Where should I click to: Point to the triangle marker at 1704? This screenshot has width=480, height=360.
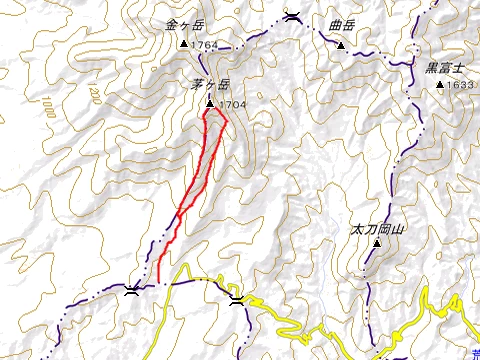[x=210, y=104]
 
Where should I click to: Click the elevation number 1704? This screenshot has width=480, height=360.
[x=232, y=104]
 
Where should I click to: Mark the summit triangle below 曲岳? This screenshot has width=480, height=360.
[x=341, y=45]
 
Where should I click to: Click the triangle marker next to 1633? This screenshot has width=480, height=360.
[x=440, y=85]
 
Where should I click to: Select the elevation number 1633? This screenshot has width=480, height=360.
[x=461, y=85]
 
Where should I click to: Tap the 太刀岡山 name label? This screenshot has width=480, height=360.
[x=377, y=230]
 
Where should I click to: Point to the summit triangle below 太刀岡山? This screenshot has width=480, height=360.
[x=364, y=249]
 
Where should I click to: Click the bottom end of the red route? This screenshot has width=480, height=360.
[x=159, y=283]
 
